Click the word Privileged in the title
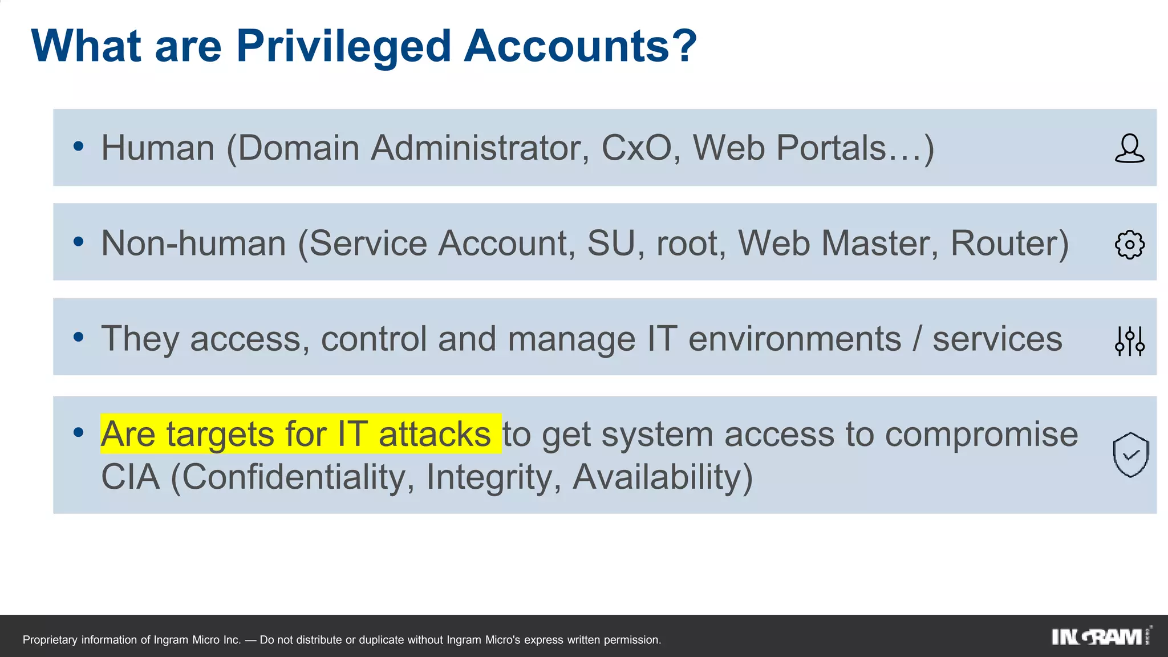tap(344, 47)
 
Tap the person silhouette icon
tap(1129, 148)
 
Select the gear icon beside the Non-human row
tap(1129, 245)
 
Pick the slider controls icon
tap(1129, 341)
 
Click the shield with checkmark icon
tap(1130, 455)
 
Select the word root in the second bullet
tap(690, 244)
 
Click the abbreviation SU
tap(611, 244)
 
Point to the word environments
tap(794, 339)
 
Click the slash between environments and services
tap(916, 339)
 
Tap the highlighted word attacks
tap(434, 434)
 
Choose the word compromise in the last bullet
tap(981, 435)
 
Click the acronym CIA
tap(130, 477)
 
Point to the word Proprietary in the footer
tap(50, 640)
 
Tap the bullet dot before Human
tap(79, 146)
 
